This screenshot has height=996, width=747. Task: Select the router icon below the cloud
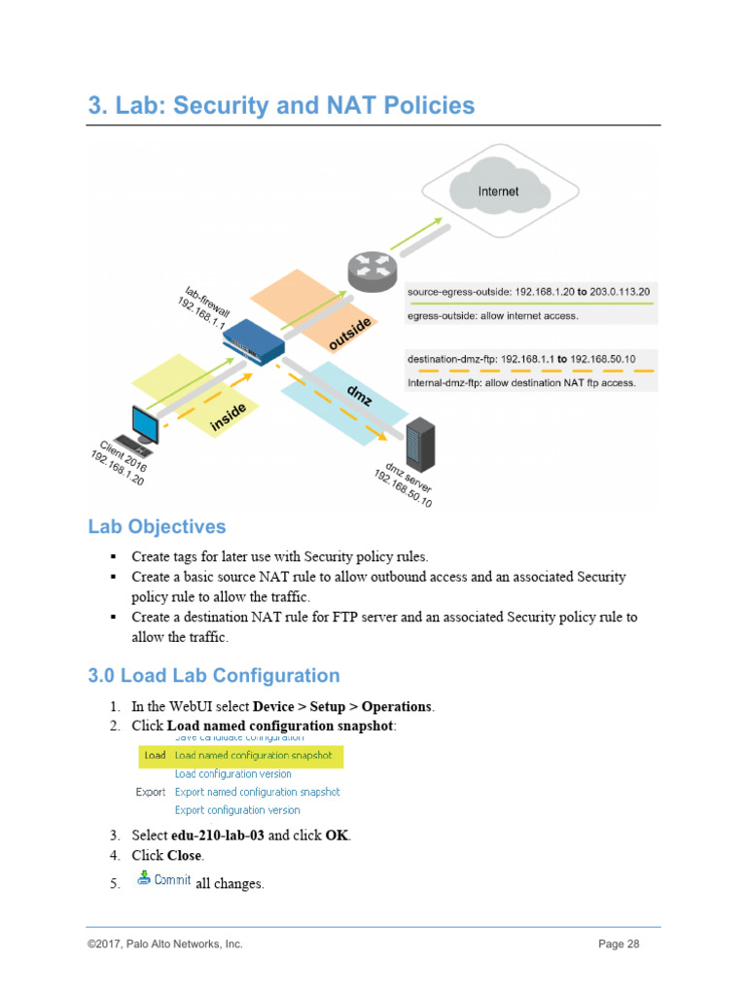[x=373, y=273]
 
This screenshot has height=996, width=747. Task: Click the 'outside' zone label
[x=349, y=334]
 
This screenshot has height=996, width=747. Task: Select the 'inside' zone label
[x=229, y=416]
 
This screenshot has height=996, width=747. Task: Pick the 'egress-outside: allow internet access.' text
[x=492, y=315]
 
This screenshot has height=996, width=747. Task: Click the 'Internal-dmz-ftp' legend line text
[x=521, y=383]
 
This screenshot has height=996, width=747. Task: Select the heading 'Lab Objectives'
[x=157, y=527]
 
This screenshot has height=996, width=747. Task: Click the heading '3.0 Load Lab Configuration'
[x=214, y=676]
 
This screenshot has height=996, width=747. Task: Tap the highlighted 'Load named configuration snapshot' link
[x=253, y=755]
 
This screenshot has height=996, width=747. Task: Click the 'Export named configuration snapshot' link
[x=257, y=792]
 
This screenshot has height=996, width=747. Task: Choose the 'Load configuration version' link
[x=232, y=773]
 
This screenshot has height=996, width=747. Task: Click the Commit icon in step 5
[x=144, y=878]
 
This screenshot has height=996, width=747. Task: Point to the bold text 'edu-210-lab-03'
[x=217, y=836]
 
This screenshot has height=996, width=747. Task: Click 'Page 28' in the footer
[x=619, y=943]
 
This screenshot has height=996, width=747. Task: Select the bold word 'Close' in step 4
[x=184, y=856]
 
